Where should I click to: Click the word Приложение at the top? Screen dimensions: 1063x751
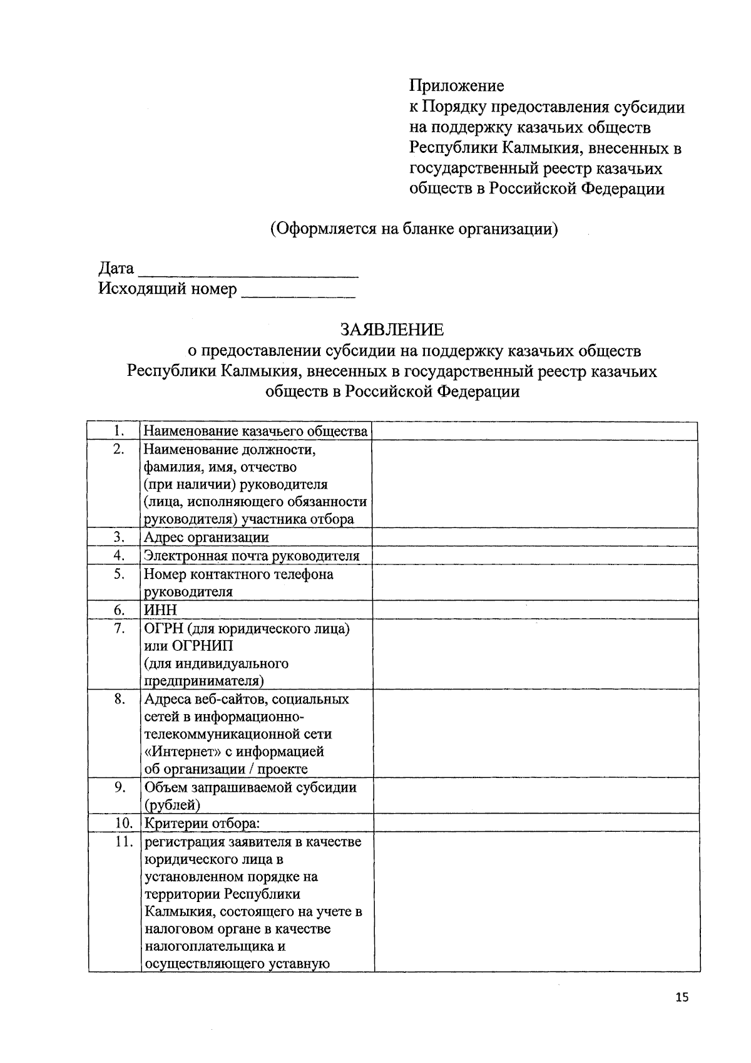(x=456, y=85)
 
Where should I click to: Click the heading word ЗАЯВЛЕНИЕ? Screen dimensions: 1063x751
(x=392, y=329)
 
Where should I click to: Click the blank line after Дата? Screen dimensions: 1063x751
(x=248, y=273)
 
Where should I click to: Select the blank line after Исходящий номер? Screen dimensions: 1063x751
(x=299, y=293)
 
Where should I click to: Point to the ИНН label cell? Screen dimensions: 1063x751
(x=161, y=610)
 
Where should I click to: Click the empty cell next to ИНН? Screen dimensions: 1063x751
(x=534, y=610)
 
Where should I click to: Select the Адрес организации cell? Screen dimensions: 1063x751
(x=207, y=537)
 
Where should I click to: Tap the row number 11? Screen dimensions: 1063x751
(x=124, y=841)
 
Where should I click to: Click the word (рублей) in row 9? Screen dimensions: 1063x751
(x=173, y=805)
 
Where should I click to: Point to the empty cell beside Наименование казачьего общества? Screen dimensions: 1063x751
(x=534, y=431)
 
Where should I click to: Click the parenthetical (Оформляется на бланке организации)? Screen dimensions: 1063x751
(x=414, y=229)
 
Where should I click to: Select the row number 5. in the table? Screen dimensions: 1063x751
(x=120, y=574)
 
